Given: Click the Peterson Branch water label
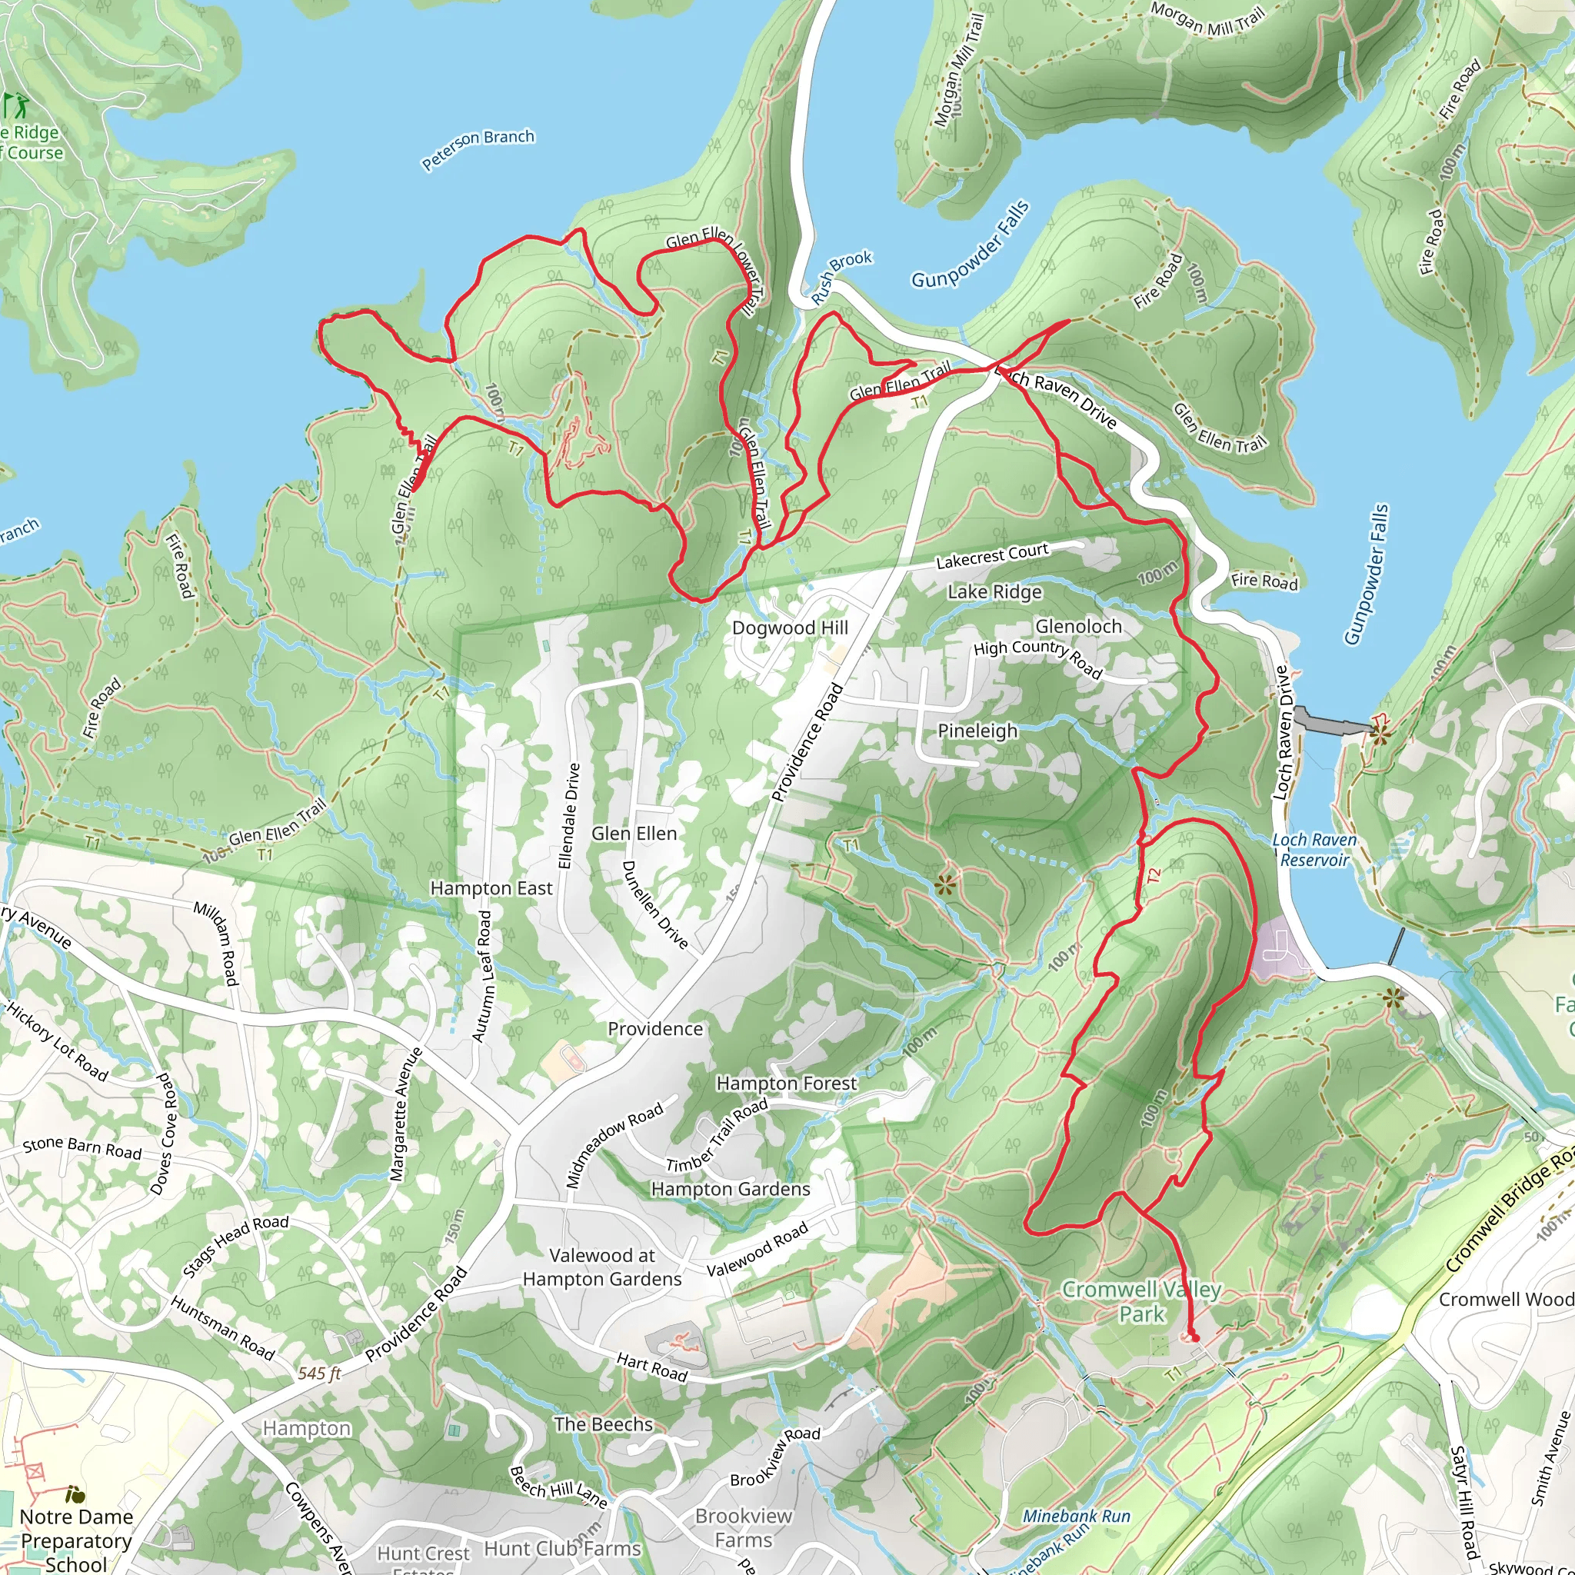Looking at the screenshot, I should point(478,149).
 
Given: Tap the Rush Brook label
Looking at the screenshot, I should point(841,277).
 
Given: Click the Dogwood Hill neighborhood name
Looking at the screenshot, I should point(789,628).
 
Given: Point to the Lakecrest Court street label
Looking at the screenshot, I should point(991,556).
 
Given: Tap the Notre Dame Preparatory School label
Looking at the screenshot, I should point(76,1540).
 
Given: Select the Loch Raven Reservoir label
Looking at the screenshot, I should point(1314,850).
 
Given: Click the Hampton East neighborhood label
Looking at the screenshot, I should point(491,887).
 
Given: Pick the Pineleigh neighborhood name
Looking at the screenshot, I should point(977,731).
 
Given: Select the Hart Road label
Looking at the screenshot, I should point(651,1367).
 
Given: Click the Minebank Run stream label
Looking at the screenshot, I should point(1076,1517).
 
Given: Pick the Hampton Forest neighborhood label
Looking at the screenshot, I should point(786,1084).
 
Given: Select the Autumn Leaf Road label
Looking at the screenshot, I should point(483,976).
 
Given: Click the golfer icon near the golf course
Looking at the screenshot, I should point(14,105).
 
